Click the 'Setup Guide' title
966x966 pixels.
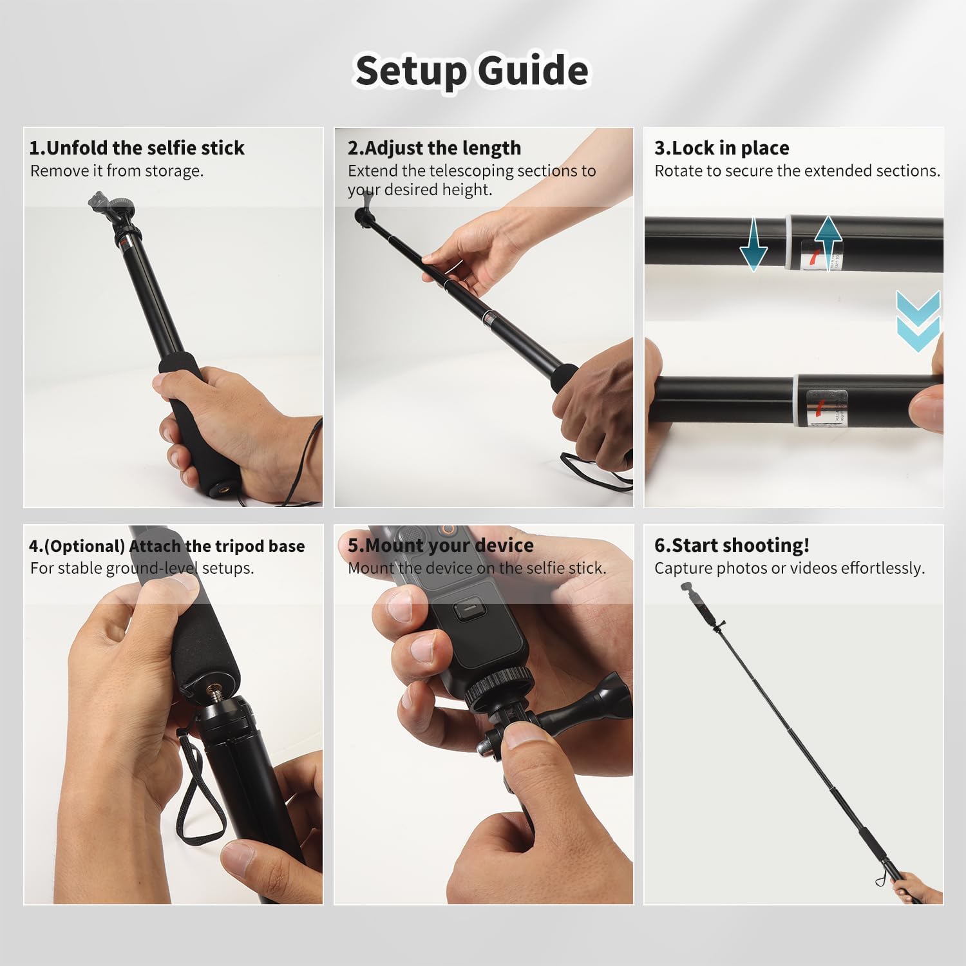pos(471,70)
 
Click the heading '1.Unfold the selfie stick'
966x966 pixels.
pos(137,148)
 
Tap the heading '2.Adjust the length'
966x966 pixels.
pos(434,148)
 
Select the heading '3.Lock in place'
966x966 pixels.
pos(721,148)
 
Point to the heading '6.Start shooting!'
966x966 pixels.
pos(732,545)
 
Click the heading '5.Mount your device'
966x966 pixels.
pos(440,545)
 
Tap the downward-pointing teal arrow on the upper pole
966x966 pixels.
pos(753,245)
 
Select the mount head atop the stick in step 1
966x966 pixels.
pos(109,209)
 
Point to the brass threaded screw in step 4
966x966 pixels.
pos(213,694)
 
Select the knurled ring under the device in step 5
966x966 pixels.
pos(499,686)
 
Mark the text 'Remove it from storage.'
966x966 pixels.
pos(117,171)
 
